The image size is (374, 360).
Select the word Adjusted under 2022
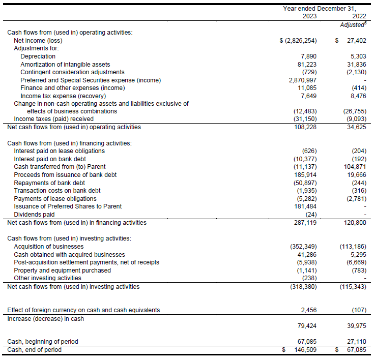[x=351, y=24]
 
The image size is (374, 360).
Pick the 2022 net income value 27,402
[x=355, y=40]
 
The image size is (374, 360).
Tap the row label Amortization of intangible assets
[x=65, y=64]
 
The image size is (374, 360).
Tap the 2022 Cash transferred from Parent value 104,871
[x=354, y=167]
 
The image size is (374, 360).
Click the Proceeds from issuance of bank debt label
[x=65, y=175]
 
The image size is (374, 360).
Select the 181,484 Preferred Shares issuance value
[x=305, y=206]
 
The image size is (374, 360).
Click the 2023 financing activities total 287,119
[x=305, y=222]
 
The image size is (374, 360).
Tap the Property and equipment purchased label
[x=62, y=270]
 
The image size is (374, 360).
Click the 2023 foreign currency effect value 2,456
[x=308, y=310]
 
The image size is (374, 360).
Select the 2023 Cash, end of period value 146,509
[x=305, y=350]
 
